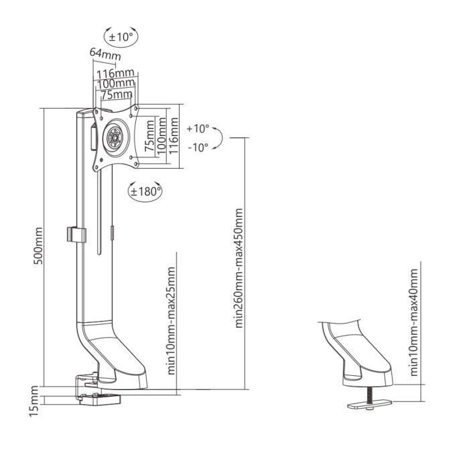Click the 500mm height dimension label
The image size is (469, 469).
click(39, 247)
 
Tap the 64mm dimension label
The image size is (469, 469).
click(100, 53)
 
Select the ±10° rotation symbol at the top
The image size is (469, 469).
click(121, 36)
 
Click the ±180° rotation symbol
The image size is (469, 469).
click(145, 192)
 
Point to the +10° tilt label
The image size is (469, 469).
click(198, 128)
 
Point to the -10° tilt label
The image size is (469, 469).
click(198, 146)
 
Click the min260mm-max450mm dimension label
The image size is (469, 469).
click(239, 267)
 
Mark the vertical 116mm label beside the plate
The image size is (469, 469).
click(174, 137)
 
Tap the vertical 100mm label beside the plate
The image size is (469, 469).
click(161, 137)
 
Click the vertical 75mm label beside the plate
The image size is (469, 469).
click(149, 137)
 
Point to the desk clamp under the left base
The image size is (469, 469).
click(96, 397)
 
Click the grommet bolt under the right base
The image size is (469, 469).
click(368, 398)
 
